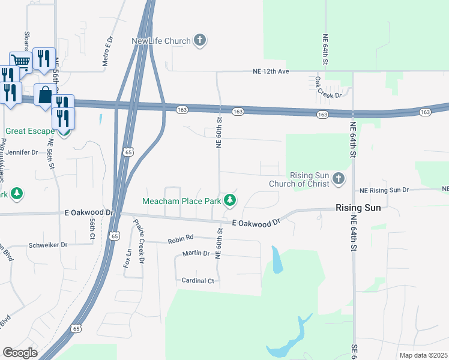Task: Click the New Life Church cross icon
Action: [200, 41]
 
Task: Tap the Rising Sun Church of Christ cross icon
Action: [339, 179]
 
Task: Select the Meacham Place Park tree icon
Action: [229, 200]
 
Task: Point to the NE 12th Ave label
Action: [270, 71]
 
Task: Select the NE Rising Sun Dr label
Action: [384, 190]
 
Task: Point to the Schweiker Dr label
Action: [48, 245]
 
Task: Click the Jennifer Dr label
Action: [22, 152]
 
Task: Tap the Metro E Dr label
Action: [107, 50]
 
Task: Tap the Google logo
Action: [20, 352]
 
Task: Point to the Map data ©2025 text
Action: [423, 355]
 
